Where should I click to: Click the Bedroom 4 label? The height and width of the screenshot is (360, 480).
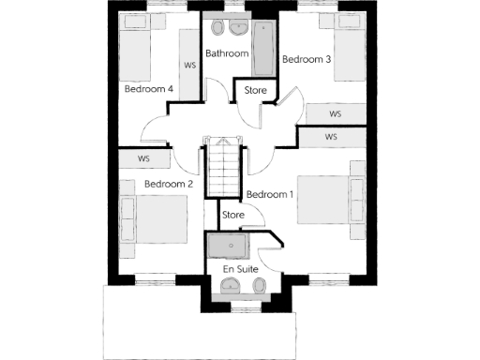pyautogui.click(x=148, y=89)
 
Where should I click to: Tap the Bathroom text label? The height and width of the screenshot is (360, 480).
pyautogui.click(x=227, y=54)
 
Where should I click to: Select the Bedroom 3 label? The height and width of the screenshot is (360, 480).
pyautogui.click(x=307, y=59)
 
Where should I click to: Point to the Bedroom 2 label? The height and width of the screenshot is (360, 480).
pyautogui.click(x=169, y=184)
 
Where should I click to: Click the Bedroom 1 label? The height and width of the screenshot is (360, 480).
pyautogui.click(x=270, y=194)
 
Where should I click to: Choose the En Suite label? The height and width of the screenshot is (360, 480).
pyautogui.click(x=240, y=269)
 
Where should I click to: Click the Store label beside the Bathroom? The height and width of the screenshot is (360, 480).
pyautogui.click(x=255, y=90)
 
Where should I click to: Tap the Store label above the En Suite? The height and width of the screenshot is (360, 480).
pyautogui.click(x=233, y=216)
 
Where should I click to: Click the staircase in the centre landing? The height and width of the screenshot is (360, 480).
pyautogui.click(x=226, y=170)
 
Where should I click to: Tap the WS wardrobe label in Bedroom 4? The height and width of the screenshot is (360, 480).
pyautogui.click(x=190, y=66)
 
